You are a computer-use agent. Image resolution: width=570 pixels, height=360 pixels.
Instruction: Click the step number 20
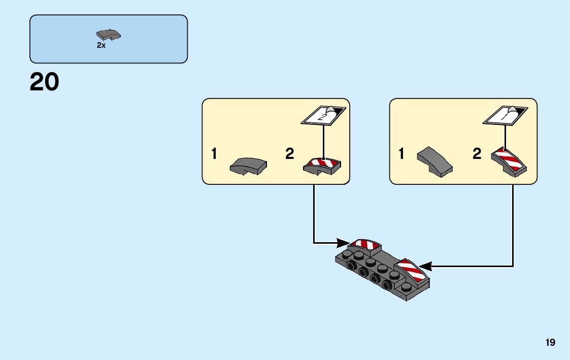click(x=45, y=82)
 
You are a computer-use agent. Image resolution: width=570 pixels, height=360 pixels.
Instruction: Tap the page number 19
click(x=551, y=343)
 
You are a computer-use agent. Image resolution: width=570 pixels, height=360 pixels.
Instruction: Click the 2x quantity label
click(x=101, y=45)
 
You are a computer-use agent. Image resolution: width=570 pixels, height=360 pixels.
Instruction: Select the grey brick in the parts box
click(x=108, y=35)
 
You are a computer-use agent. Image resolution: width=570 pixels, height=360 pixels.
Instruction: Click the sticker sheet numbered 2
click(x=323, y=115)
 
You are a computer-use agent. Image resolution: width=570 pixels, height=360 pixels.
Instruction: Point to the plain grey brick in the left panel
click(x=248, y=166)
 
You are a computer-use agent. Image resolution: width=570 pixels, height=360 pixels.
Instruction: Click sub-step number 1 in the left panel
click(x=214, y=154)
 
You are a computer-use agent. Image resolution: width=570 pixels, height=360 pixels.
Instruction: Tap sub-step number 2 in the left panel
click(x=289, y=154)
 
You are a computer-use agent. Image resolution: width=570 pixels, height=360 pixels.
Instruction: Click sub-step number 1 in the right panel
click(x=401, y=154)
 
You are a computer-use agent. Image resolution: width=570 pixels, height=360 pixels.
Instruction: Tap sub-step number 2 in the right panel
click(x=477, y=154)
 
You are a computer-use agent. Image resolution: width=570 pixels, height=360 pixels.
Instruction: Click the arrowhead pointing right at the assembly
click(x=344, y=242)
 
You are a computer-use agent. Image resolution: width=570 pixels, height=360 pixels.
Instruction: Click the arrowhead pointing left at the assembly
click(x=425, y=266)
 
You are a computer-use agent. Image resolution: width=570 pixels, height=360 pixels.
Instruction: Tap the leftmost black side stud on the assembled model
click(x=352, y=266)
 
